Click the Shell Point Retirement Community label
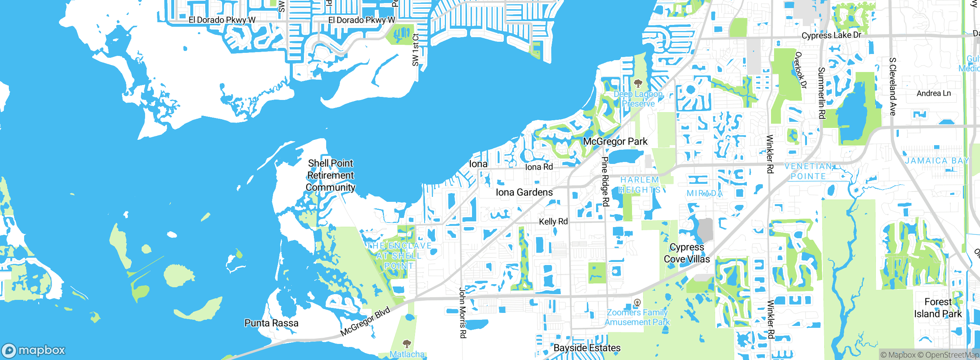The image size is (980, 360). coord(330,175)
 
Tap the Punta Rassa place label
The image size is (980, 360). coord(271,323)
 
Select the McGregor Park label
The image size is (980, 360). coord(615,142)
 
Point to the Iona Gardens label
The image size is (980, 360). coord(524,192)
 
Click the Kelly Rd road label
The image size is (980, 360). coord(553,221)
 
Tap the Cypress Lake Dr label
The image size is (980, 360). coord(831,35)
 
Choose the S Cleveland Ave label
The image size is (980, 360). coord(892,87)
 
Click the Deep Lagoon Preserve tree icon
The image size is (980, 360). coord(638,83)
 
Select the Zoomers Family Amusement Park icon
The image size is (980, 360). coord(637,303)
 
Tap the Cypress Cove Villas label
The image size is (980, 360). coord(687,253)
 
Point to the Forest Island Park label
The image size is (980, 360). coord(938,308)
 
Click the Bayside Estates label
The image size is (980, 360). coord(587,348)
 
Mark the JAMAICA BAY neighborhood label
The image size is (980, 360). coord(936,161)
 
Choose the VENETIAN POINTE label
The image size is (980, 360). coord(808,171)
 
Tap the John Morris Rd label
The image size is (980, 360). coord(463,313)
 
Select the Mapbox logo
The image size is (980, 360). coord(34,350)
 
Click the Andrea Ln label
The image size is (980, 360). coord(933,93)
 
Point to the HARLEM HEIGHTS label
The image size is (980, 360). coord(640,185)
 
